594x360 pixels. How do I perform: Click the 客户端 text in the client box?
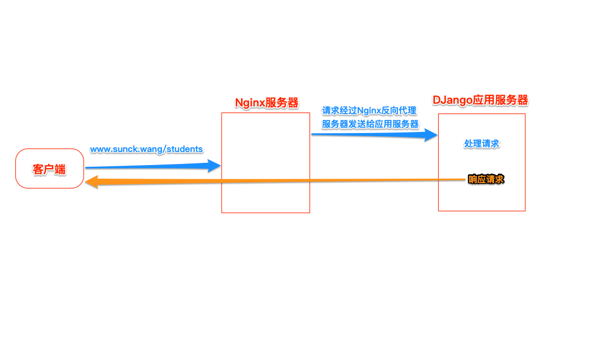click(49, 169)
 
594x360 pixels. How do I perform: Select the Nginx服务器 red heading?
click(266, 103)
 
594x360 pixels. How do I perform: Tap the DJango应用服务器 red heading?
click(480, 100)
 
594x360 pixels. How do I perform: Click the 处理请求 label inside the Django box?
click(482, 143)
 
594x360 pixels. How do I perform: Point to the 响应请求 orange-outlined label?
click(486, 179)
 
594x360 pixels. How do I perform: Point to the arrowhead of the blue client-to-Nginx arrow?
click(215, 166)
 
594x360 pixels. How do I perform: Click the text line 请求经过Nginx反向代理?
click(369, 111)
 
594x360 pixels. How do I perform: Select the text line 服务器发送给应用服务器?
click(370, 124)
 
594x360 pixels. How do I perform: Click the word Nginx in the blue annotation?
click(370, 111)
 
